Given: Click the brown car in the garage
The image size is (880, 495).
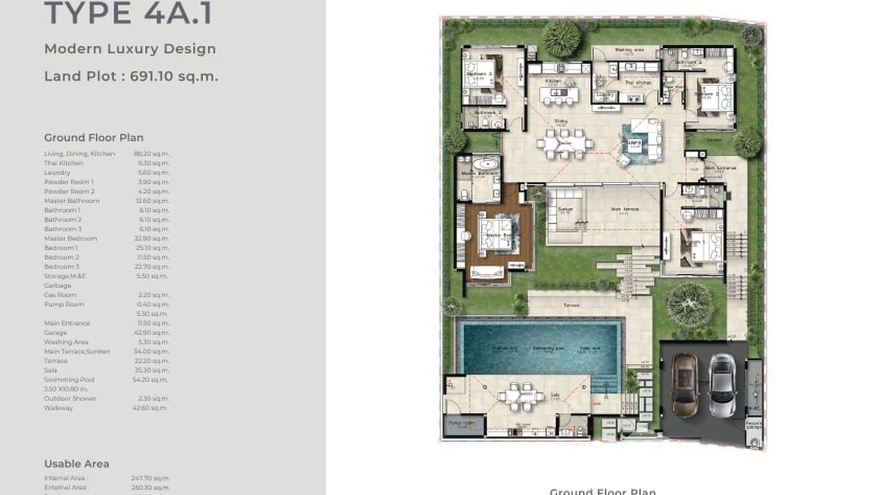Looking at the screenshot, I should [x=684, y=385].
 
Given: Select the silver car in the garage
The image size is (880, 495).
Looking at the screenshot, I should [x=723, y=385].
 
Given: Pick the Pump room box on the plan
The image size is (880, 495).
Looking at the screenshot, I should [x=464, y=425].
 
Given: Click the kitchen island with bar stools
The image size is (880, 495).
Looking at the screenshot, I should [x=559, y=95].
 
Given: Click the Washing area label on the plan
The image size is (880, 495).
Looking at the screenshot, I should [x=630, y=50].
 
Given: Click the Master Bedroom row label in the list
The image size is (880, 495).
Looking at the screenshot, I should [x=70, y=238].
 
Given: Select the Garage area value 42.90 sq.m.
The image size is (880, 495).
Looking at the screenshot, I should [x=151, y=333].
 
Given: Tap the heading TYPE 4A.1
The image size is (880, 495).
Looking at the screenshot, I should [x=129, y=14].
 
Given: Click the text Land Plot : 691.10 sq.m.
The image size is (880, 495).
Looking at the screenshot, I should [x=131, y=76].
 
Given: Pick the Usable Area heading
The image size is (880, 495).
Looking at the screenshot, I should [x=77, y=463].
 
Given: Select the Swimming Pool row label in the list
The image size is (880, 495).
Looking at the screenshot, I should [x=70, y=379].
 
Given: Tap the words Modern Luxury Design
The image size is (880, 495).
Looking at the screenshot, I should [x=130, y=49].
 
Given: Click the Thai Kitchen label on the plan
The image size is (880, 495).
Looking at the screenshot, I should [x=638, y=83].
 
